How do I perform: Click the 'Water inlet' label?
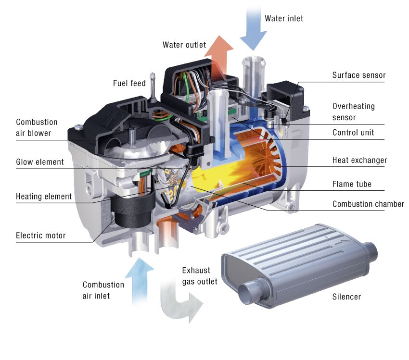[x=284, y=19]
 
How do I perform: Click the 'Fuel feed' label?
[x=129, y=83]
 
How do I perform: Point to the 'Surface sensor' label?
[x=358, y=75]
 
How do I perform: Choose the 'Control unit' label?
[x=353, y=133]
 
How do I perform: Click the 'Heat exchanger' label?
[x=359, y=160]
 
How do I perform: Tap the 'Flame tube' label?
[x=352, y=184]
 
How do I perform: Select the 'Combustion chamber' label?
[x=368, y=204]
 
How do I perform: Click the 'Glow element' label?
[x=39, y=162]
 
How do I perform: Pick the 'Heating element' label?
[x=43, y=197]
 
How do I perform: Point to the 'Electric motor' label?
[x=40, y=236]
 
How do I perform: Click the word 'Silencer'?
[x=346, y=297]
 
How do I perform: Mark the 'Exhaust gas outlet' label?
[x=199, y=276]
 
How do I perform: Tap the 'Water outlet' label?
[x=184, y=45]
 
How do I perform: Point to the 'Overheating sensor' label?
[x=353, y=112]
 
